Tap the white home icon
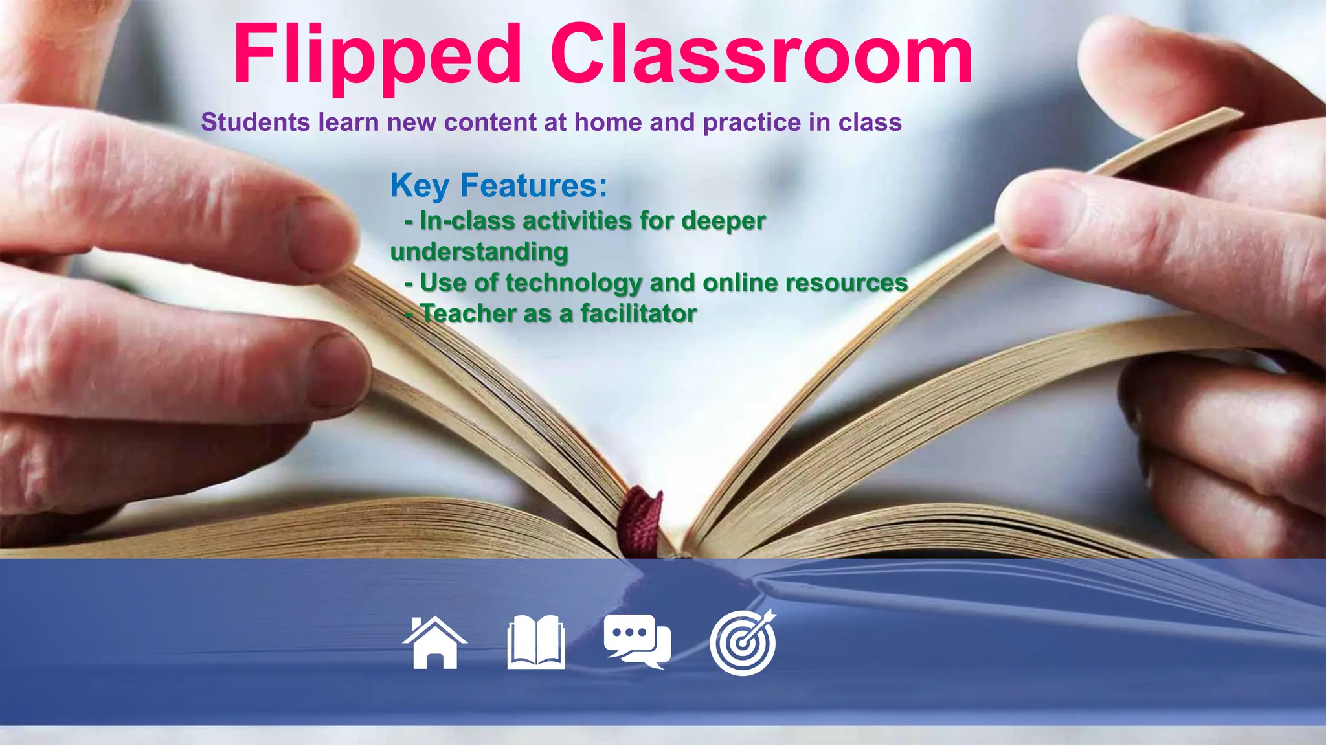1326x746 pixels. point(435,642)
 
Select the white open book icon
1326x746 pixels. point(536,642)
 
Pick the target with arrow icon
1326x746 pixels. point(743,643)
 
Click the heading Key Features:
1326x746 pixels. point(499,185)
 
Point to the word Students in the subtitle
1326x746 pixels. point(256,122)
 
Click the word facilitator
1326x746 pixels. point(638,313)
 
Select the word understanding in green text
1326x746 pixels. point(479,251)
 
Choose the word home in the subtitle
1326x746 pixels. point(609,122)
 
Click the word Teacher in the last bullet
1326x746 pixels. point(468,313)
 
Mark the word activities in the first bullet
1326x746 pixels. point(570,221)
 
